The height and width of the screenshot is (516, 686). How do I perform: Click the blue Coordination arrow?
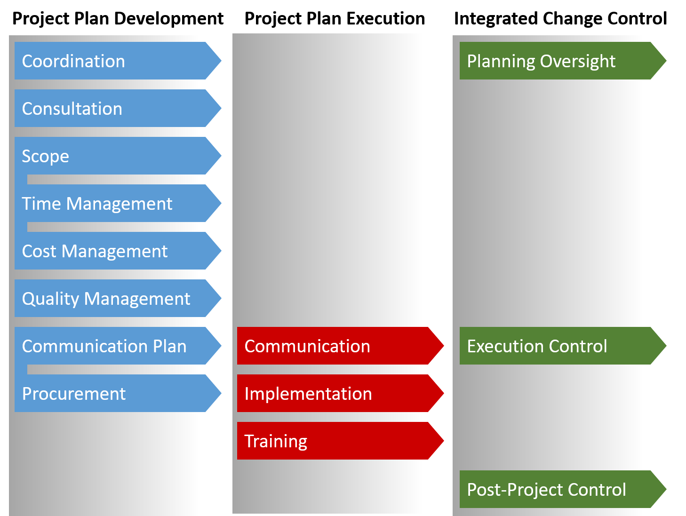point(113,61)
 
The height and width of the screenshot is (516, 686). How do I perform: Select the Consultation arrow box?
point(113,108)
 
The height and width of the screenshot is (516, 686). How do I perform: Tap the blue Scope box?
point(113,156)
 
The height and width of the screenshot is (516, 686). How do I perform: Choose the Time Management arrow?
point(113,203)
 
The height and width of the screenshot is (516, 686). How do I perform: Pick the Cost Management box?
point(113,251)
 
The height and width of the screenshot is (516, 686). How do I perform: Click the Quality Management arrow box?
point(113,298)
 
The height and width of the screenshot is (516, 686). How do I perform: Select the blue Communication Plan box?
point(113,346)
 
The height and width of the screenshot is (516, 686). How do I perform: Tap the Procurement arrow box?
point(113,393)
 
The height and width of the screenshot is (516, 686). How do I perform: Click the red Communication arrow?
point(336,346)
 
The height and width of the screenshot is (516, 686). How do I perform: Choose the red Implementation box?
point(336,393)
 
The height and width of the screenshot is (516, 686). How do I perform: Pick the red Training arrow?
point(336,441)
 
